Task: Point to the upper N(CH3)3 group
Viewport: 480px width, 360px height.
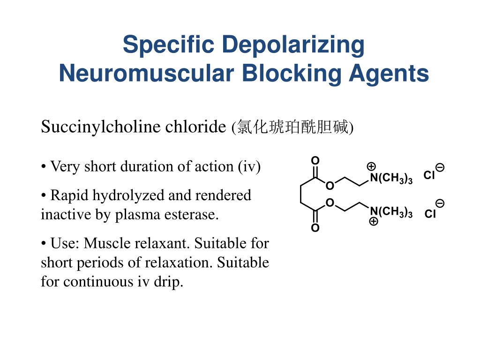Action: pyautogui.click(x=391, y=178)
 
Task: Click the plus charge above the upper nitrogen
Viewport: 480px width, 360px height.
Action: pyautogui.click(x=371, y=166)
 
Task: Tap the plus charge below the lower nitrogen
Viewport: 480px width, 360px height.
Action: pyautogui.click(x=373, y=222)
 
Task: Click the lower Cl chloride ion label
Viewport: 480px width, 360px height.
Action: pyautogui.click(x=430, y=215)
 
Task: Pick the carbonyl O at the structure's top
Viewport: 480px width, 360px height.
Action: pyautogui.click(x=315, y=161)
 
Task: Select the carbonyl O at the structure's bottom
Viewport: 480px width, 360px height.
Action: pyautogui.click(x=315, y=228)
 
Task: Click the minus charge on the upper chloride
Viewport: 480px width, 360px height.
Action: pyautogui.click(x=440, y=167)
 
